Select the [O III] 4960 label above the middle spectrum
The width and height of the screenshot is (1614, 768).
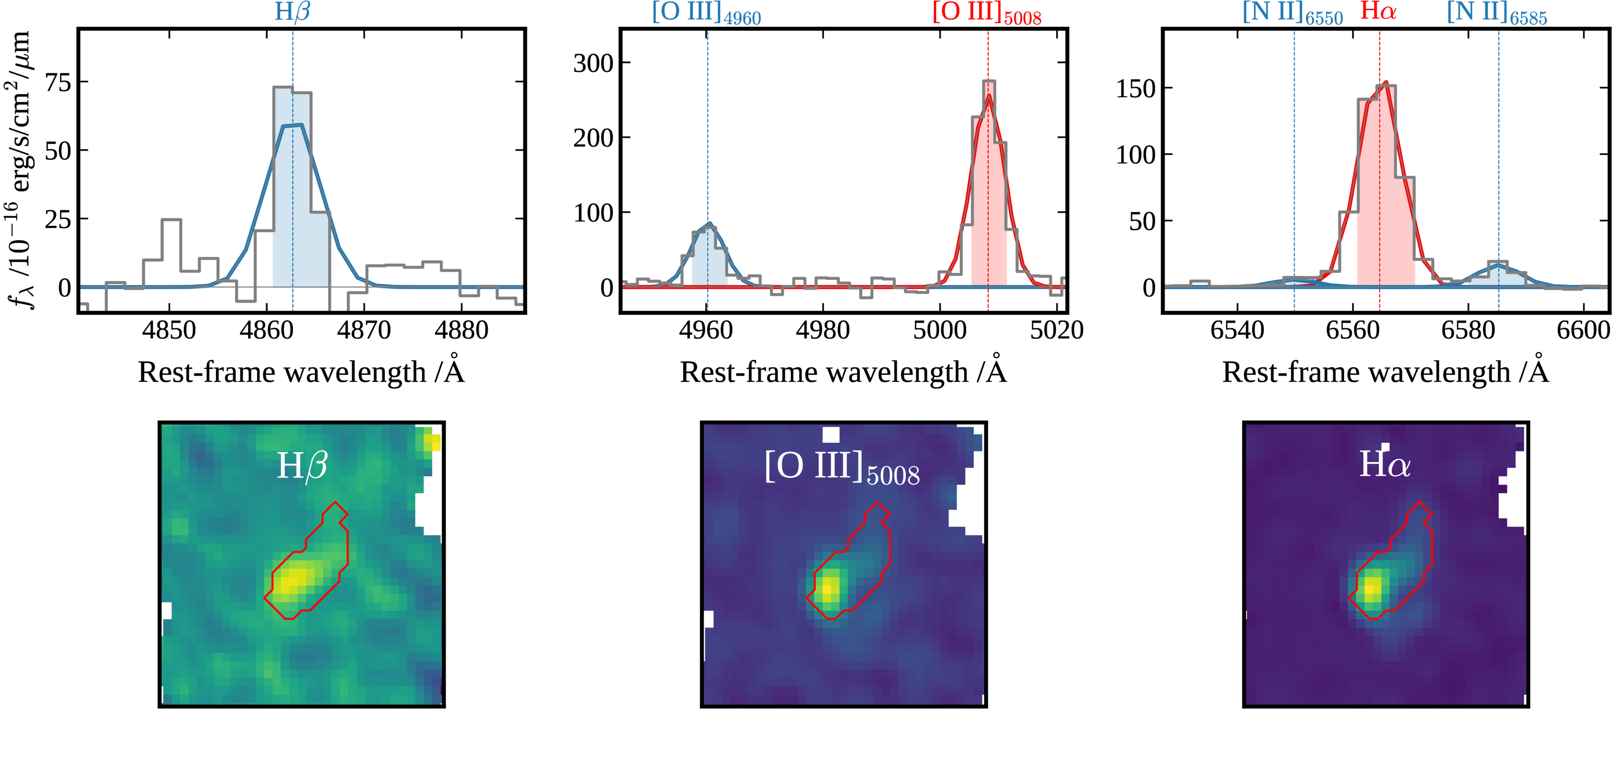706,13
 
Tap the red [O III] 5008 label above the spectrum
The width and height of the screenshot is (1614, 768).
987,13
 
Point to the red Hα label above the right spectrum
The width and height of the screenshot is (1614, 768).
1379,11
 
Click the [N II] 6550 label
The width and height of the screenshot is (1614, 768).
1293,13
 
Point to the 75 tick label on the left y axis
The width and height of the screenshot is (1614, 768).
58,83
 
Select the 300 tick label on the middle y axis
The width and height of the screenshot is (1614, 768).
593,63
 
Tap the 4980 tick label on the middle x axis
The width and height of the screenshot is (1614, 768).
823,330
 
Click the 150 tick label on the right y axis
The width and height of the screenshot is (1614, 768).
1135,89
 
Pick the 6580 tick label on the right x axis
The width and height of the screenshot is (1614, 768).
1468,330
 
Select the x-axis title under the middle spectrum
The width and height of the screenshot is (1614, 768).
843,372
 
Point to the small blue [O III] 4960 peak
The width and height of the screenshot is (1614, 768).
709,224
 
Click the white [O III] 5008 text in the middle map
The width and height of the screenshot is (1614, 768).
842,467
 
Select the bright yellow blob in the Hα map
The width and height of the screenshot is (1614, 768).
1372,590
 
